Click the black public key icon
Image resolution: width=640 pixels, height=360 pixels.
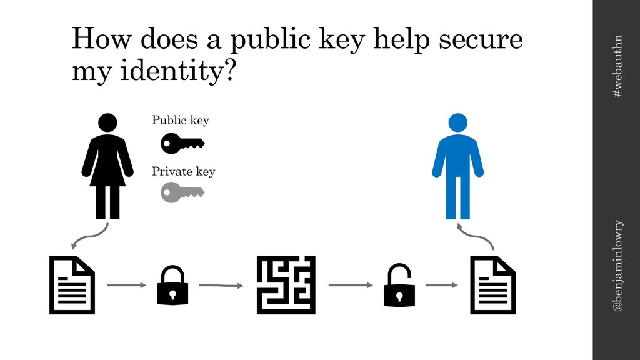click(182, 144)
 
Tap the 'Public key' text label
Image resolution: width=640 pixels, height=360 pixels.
click(181, 121)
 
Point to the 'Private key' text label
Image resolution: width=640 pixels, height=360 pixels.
click(183, 171)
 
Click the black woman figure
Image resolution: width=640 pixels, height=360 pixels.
click(107, 166)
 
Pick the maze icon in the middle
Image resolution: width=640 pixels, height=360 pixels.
click(286, 285)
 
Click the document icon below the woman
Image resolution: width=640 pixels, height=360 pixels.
click(72, 285)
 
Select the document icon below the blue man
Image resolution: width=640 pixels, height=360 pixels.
click(492, 285)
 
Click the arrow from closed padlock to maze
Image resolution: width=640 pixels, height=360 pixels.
click(221, 286)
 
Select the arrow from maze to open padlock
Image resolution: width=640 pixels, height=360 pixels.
click(350, 286)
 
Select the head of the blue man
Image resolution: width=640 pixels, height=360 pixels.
click(457, 122)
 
